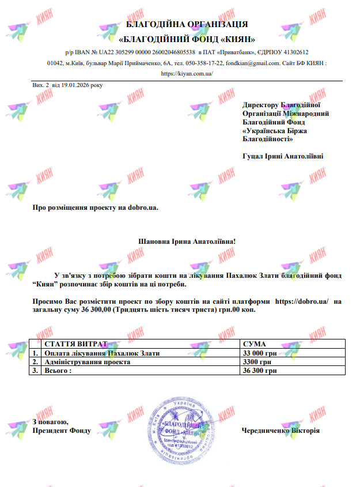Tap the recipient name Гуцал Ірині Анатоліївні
pyautogui.click(x=283, y=156)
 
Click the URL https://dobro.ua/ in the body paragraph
pyautogui.click(x=302, y=301)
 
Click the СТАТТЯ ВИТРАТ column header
pyautogui.click(x=76, y=345)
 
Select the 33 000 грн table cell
pyautogui.click(x=260, y=353)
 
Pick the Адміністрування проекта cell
pyautogui.click(x=88, y=362)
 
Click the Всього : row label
pyautogui.click(x=58, y=371)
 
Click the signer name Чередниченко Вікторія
pyautogui.click(x=281, y=431)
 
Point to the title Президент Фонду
pyautogui.click(x=60, y=431)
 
